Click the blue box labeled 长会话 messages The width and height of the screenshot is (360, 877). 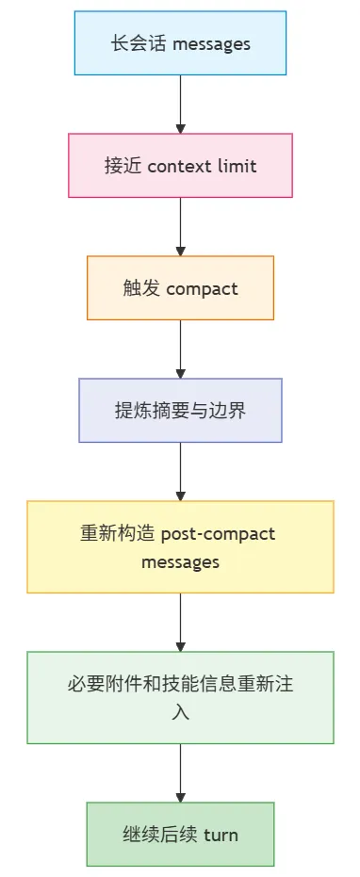click(180, 43)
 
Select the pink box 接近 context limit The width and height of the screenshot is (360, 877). click(180, 166)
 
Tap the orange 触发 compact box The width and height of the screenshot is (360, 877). click(180, 288)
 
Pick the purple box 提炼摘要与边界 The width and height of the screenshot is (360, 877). click(180, 411)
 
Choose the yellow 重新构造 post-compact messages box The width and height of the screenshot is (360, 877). click(180, 547)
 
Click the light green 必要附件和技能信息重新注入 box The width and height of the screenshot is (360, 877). click(180, 697)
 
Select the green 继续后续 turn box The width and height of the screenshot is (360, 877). click(180, 834)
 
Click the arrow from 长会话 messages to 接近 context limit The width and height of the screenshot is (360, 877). click(180, 104)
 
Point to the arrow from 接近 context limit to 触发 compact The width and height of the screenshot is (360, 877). click(180, 226)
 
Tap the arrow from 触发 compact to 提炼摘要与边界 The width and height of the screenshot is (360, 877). click(180, 349)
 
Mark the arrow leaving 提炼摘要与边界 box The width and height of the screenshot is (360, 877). click(180, 472)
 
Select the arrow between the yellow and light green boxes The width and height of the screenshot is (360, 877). click(180, 622)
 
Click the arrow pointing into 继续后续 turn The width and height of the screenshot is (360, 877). click(180, 773)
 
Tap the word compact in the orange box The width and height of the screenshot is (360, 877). click(202, 289)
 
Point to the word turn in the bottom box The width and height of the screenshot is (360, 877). click(221, 835)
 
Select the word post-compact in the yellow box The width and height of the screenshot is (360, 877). click(218, 534)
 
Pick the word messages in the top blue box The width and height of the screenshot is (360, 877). click(211, 44)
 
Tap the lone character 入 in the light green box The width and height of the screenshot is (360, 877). click(180, 713)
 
